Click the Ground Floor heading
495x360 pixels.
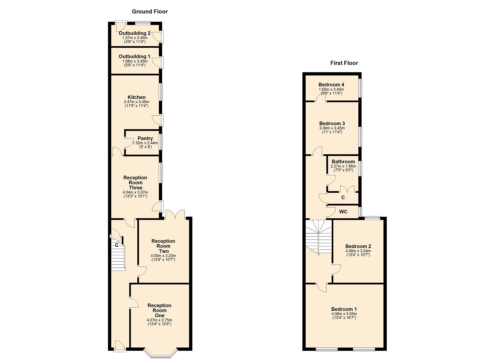point(150,11)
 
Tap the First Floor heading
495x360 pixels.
point(344,63)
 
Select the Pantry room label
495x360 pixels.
point(145,138)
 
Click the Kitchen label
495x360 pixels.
point(137,97)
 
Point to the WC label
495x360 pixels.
point(343,212)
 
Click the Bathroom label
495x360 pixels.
point(343,162)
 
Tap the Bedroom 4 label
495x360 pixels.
point(331,85)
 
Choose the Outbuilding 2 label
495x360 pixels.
point(135,33)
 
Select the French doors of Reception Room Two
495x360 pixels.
point(175,214)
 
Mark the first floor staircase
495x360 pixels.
point(319,237)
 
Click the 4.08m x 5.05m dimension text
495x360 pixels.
point(344,314)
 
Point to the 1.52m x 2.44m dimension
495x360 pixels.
point(145,143)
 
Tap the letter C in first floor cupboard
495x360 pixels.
point(343,197)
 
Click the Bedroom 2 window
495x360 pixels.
point(372,218)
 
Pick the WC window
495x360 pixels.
point(360,211)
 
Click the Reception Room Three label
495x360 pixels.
point(135,183)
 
